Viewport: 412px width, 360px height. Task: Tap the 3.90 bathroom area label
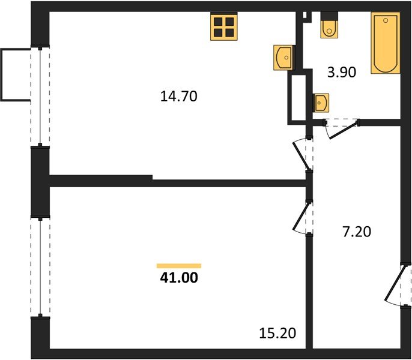341,73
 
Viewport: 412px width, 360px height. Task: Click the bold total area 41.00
179,278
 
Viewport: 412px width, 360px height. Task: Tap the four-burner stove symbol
224,27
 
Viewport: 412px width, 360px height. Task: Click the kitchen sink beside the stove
283,58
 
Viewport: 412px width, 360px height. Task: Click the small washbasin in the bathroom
321,103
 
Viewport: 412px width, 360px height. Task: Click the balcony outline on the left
14,75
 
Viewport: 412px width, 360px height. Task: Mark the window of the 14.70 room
40,96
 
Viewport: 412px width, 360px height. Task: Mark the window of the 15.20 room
40,266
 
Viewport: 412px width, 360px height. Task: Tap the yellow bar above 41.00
179,265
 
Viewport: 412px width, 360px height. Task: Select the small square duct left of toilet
305,16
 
